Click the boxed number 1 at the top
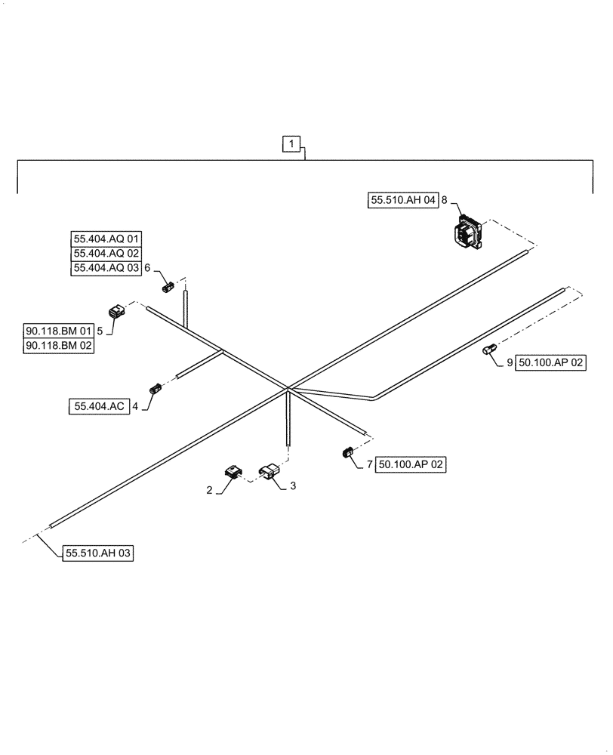click(x=292, y=143)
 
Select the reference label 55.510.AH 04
click(x=403, y=200)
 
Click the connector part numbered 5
click(x=117, y=311)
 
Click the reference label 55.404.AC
click(x=98, y=406)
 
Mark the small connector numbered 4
click(x=156, y=389)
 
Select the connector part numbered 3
click(x=269, y=473)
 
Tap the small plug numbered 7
click(x=348, y=452)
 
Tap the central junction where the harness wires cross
click(x=288, y=389)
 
